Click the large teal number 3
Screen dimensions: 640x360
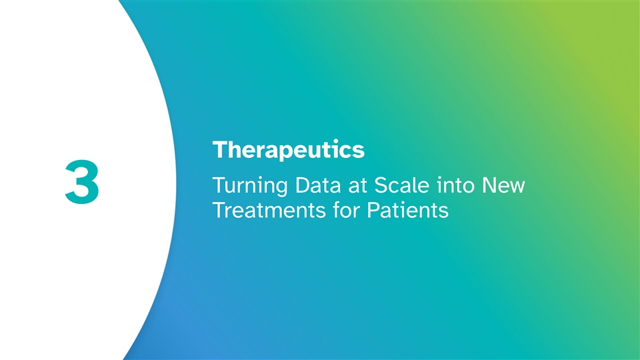[x=82, y=181]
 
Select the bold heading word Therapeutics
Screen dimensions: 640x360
[x=289, y=151]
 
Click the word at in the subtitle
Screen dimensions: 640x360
[x=357, y=187]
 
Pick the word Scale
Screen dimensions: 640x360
[x=402, y=185]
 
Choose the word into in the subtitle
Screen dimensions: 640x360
[x=455, y=185]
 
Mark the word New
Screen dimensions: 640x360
[x=503, y=186]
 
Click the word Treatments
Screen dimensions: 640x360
[x=269, y=211]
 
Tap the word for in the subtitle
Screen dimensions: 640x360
[x=346, y=210]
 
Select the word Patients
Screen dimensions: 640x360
[x=408, y=211]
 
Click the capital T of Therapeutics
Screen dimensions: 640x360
[x=221, y=150]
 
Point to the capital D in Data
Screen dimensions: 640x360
[x=303, y=186]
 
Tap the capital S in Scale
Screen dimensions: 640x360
[x=381, y=185]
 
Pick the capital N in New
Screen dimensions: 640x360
[x=489, y=186]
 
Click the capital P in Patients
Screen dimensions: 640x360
[x=373, y=211]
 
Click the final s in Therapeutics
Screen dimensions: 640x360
[x=359, y=152]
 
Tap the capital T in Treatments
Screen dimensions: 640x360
[x=219, y=211]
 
